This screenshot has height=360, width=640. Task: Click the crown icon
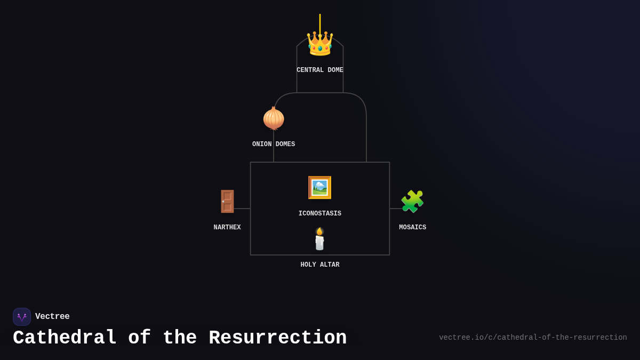pos(320,44)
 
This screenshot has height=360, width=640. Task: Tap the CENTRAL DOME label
pos(320,70)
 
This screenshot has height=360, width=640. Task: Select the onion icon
pos(274,118)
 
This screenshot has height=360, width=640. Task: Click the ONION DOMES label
pos(274,145)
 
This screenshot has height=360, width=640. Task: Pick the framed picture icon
pos(319,188)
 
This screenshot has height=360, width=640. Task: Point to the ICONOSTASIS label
pos(320,214)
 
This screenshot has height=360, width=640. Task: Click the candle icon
pos(319,240)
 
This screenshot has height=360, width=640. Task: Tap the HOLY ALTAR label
pos(320,265)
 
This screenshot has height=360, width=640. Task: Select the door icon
pos(227,202)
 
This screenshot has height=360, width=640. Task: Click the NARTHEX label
pos(227,228)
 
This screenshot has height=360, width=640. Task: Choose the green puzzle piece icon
pos(412,202)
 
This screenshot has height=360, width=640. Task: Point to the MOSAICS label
pos(413,228)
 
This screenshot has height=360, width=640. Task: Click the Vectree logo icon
pos(22,317)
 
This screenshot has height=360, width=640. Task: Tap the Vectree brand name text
pos(52,317)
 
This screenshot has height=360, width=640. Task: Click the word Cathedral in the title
pos(64,338)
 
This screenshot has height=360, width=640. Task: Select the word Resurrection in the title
pos(277,338)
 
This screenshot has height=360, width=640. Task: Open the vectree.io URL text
pos(533,338)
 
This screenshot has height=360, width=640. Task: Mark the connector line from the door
pos(243,209)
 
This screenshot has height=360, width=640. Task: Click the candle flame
pos(319,231)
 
